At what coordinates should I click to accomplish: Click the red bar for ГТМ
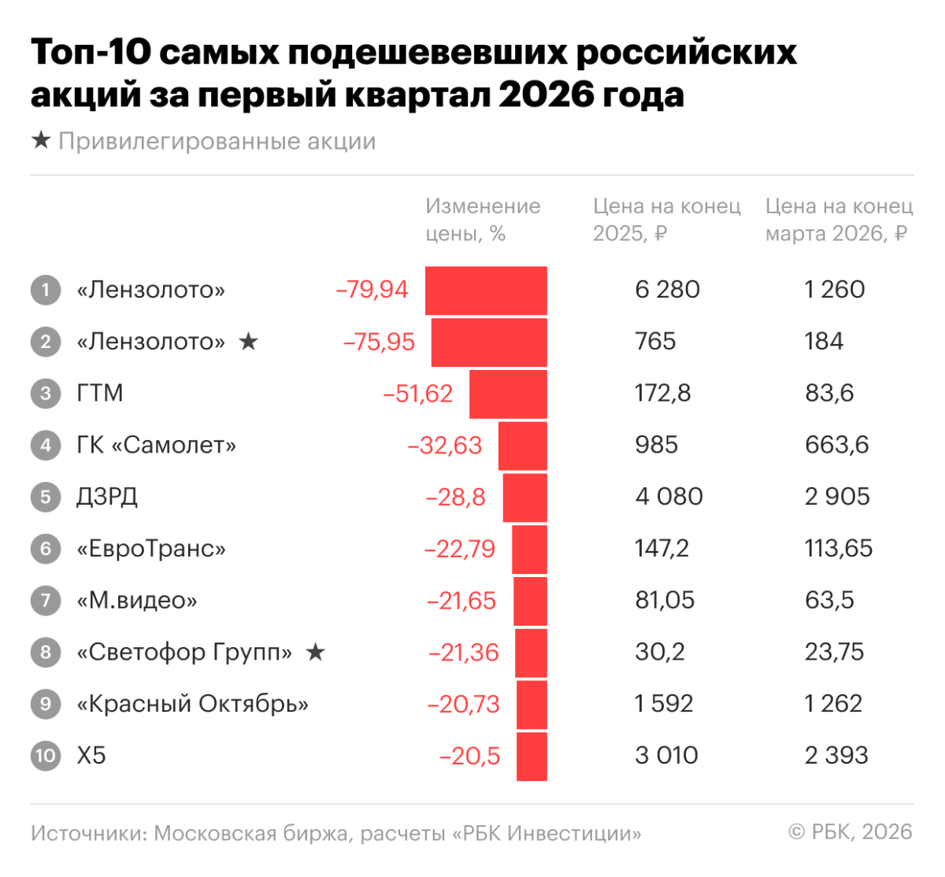pos(508,394)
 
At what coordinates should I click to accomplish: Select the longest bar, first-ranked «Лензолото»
pos(486,290)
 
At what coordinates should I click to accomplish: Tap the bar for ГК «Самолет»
pos(522,446)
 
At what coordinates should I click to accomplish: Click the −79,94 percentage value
pos(372,290)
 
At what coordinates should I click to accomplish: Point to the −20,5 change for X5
pos(469,756)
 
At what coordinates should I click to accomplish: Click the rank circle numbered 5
pos(46,497)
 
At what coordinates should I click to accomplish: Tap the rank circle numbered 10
pos(46,756)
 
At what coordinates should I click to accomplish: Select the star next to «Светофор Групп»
pos(315,652)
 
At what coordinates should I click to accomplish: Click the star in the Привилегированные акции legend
pos(41,141)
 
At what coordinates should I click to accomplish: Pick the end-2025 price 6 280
pos(667,290)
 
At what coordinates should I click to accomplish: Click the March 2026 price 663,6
pos(836,445)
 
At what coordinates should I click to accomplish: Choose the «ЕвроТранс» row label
pos(150,549)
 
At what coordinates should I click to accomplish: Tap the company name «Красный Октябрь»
pos(192,704)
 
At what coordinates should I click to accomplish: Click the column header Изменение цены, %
pos(483,220)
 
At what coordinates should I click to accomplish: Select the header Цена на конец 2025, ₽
pos(666,220)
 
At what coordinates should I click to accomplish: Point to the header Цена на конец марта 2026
pos(839,220)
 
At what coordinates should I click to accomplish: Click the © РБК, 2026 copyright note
pos(850,832)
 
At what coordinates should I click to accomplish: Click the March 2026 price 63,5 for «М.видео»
pos(828,600)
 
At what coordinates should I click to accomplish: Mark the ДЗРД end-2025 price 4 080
pos(669,497)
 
